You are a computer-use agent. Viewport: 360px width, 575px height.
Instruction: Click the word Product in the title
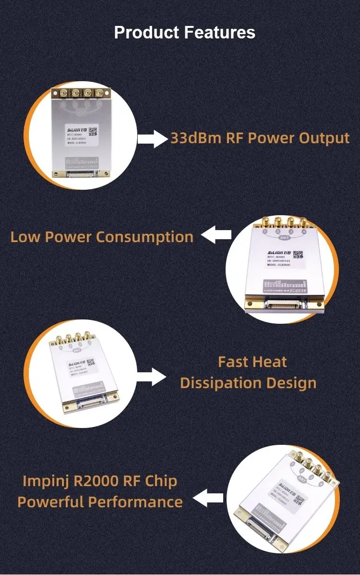[x=147, y=33]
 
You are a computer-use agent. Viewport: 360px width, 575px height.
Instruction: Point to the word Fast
[x=233, y=362]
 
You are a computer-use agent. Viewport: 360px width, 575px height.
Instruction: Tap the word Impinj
[x=47, y=481]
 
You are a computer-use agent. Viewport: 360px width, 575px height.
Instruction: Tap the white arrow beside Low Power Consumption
[x=216, y=235]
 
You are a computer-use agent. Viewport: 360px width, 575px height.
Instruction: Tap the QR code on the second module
[x=299, y=255]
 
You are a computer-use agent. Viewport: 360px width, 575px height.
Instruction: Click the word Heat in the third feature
[x=271, y=362]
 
